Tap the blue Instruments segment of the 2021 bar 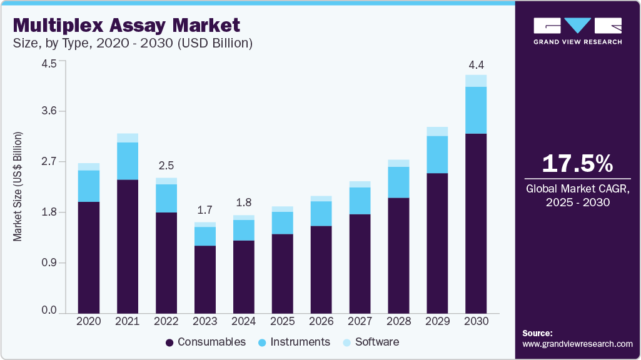tap(127, 161)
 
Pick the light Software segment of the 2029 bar tap(437, 131)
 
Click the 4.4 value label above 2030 tap(476, 65)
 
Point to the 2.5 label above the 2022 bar tap(166, 166)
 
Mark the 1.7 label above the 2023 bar tap(204, 210)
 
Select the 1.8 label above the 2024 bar tap(243, 203)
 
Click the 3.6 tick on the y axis tap(49, 111)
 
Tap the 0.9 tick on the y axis tap(49, 262)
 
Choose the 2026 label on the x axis tap(321, 321)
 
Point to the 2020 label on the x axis tap(88, 321)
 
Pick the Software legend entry tap(371, 342)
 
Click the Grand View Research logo tap(577, 31)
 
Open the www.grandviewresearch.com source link tap(577, 344)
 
